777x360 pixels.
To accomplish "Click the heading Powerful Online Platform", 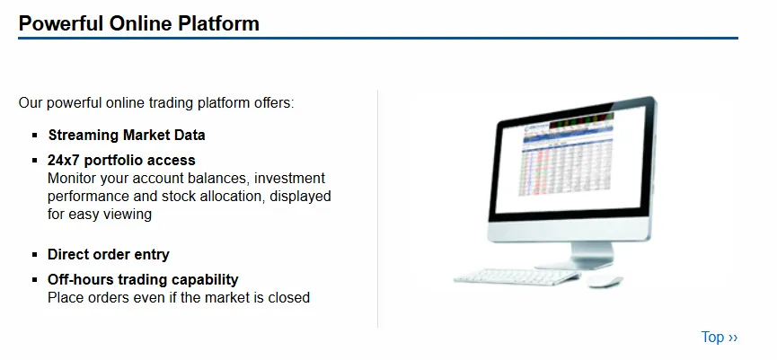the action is click(x=138, y=23).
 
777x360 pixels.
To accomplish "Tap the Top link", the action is click(x=719, y=338).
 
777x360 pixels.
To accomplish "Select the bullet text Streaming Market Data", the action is click(x=127, y=135).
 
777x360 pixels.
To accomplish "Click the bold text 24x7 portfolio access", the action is click(x=121, y=160).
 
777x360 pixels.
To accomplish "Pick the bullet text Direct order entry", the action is click(x=109, y=254).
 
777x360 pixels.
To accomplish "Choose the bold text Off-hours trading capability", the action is click(x=143, y=279).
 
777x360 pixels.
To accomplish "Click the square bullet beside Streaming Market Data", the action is click(x=35, y=136).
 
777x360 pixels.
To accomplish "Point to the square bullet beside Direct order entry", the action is click(x=35, y=255).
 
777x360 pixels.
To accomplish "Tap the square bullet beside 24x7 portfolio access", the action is click(x=35, y=161).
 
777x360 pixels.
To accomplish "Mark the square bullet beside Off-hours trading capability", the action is click(x=35, y=280).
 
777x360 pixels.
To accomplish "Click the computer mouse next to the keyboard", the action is click(x=604, y=281).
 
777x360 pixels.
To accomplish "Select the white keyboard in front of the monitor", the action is click(x=517, y=277).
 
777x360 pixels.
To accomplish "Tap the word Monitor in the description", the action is click(x=72, y=179).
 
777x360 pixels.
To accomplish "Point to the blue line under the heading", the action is click(x=378, y=38).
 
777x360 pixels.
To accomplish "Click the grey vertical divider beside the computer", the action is click(x=377, y=208).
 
